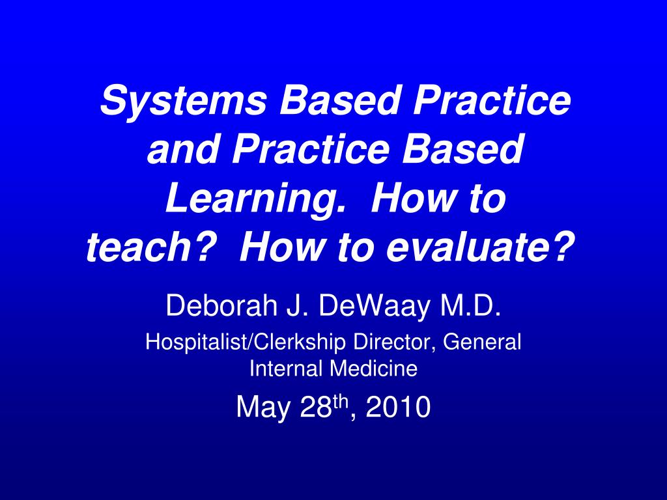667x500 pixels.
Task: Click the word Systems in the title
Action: point(183,102)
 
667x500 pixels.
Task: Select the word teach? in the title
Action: point(149,248)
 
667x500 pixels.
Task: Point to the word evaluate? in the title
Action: point(480,248)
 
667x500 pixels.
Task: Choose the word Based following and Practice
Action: point(462,150)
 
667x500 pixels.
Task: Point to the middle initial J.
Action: point(297,305)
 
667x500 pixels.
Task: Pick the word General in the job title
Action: point(482,342)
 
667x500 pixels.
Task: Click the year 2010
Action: point(398,408)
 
